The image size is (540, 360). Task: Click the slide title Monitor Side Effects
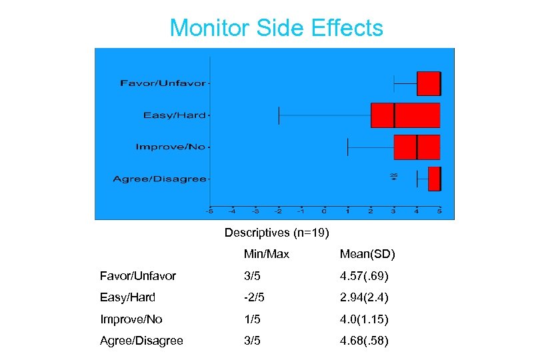(276, 28)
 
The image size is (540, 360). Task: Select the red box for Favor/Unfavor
(429, 83)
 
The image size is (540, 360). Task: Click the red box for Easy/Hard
(405, 115)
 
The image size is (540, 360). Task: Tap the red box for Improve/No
(417, 147)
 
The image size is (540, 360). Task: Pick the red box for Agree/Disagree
(434, 179)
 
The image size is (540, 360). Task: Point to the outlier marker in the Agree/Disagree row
(393, 178)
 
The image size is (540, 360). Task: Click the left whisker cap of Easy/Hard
(279, 115)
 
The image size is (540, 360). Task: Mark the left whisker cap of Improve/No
(348, 147)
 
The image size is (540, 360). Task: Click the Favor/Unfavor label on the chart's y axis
(163, 83)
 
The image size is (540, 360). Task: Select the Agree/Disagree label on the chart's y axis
(159, 179)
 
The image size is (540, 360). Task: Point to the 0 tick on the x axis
(324, 211)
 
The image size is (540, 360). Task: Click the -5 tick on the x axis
(209, 211)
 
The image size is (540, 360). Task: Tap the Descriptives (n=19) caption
(276, 233)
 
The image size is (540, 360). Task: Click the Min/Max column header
(266, 254)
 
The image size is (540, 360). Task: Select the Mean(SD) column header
(367, 254)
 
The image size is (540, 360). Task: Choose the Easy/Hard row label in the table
(127, 297)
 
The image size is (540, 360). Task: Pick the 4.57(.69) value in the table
(364, 276)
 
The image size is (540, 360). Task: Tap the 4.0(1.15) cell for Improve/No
(364, 319)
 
